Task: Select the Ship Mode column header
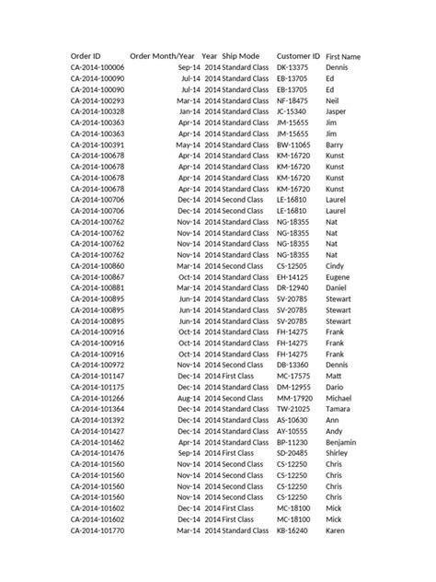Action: [x=240, y=56]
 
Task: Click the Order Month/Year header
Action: [x=163, y=56]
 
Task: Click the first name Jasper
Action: [x=338, y=112]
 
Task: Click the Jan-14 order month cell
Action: [x=189, y=112]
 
